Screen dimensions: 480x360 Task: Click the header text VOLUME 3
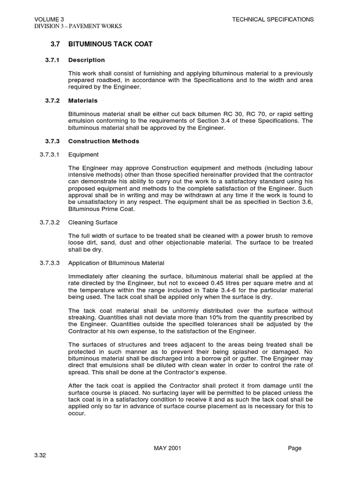coord(46,19)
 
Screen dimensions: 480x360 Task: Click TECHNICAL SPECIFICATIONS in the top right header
coord(273,19)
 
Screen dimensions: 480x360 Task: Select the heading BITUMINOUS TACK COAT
coord(110,44)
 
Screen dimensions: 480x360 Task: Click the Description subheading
coord(87,60)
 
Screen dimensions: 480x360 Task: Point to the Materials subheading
coord(83,100)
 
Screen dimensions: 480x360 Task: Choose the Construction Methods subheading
coord(104,141)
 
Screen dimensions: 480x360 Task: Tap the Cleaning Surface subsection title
coord(93,223)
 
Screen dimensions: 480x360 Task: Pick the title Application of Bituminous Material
coord(116,263)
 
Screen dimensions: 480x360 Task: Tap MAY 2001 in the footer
coord(167,448)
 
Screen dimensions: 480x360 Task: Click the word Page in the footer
coord(294,448)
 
